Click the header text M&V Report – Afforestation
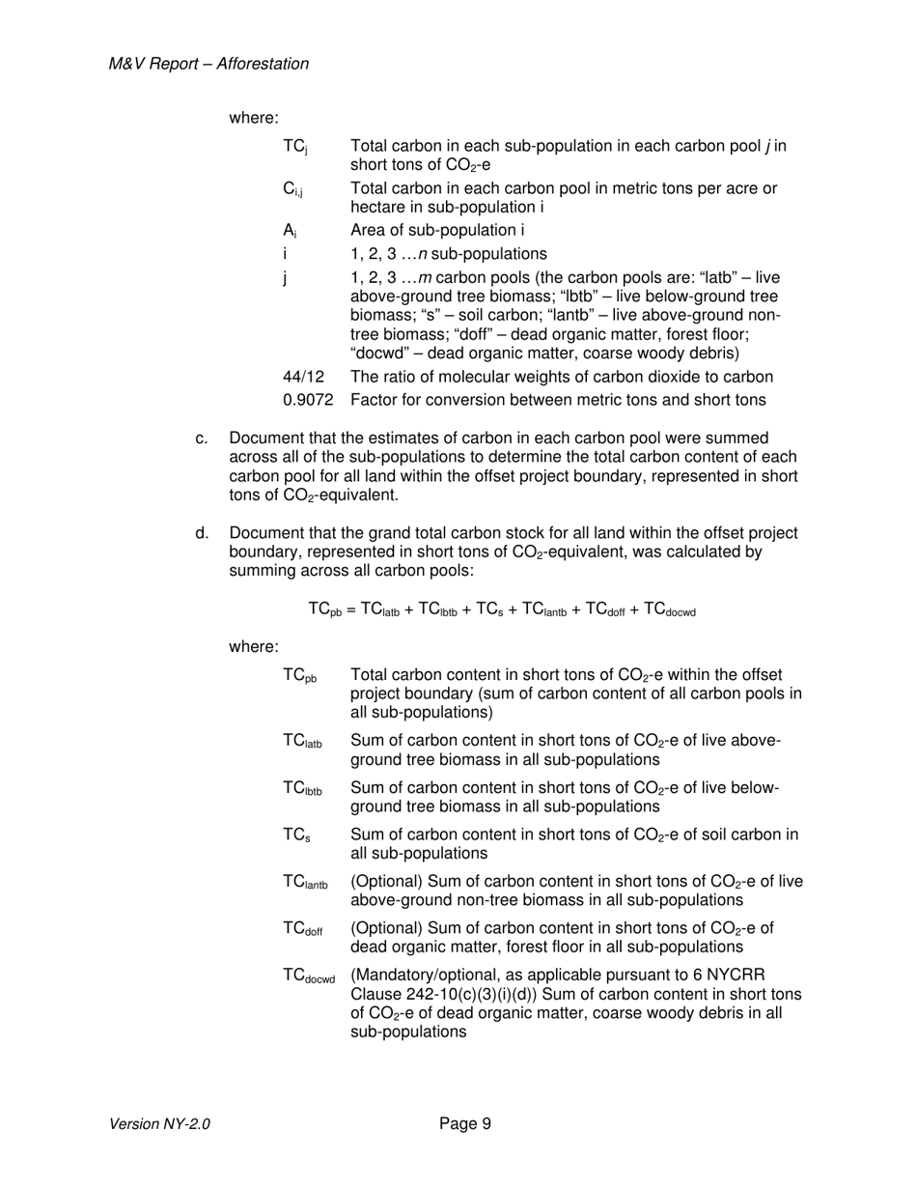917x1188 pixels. pos(209,64)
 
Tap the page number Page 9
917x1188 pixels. pos(465,1123)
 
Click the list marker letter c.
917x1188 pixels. pos(201,438)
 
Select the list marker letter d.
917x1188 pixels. pos(201,533)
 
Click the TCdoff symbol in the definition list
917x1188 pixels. pos(303,929)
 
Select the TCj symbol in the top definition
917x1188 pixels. pos(294,147)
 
